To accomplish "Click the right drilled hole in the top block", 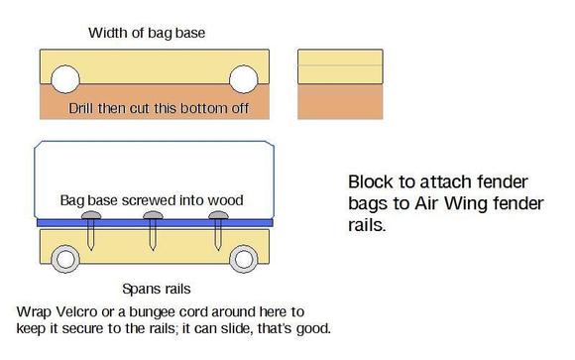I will (x=243, y=79).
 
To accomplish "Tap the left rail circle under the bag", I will (x=65, y=260).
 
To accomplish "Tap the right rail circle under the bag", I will (x=243, y=260).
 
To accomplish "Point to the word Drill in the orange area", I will (x=83, y=107).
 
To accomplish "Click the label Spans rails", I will (x=153, y=290).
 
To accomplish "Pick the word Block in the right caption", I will (x=370, y=183).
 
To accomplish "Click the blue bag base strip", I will (x=154, y=222).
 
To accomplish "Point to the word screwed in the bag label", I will (x=153, y=199).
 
